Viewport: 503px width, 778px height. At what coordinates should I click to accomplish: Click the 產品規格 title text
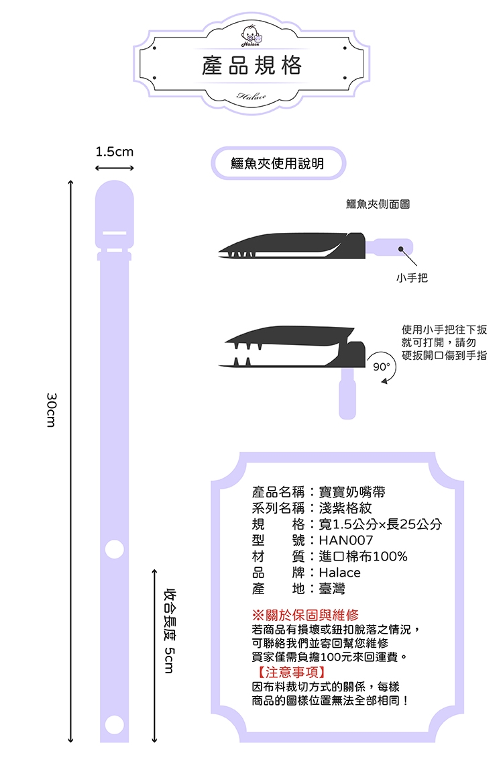251,65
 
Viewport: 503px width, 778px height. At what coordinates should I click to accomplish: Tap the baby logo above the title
251,36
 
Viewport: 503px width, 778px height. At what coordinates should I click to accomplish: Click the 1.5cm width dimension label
115,151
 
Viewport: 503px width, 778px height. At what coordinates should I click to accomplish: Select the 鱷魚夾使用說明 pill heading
278,163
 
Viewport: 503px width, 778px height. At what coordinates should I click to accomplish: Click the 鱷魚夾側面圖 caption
378,204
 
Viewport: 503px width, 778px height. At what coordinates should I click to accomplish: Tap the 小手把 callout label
412,278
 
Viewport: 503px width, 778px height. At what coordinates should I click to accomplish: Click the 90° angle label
382,367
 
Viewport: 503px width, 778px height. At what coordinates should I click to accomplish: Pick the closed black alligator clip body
292,246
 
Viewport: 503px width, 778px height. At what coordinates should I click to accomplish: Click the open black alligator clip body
292,347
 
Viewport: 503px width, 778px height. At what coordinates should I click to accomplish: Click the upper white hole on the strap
115,549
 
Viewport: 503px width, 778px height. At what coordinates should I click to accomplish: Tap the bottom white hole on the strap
115,724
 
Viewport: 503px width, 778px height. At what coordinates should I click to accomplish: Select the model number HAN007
346,540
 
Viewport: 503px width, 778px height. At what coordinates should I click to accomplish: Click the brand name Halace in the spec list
339,573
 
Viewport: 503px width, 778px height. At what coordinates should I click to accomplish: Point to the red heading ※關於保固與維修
305,616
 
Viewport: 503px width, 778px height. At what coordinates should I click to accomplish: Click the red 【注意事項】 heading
290,673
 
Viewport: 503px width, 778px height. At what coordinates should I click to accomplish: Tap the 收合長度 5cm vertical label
170,630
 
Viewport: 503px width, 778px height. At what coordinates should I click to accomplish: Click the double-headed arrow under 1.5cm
115,168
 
